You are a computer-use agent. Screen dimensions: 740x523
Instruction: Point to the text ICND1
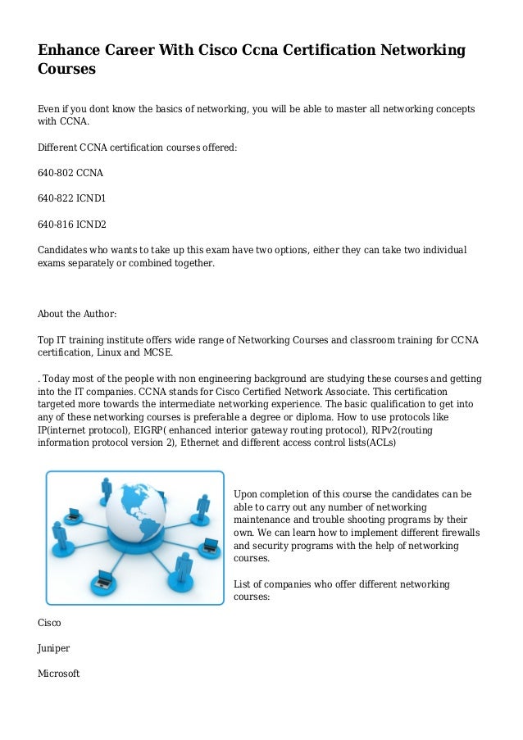click(91, 198)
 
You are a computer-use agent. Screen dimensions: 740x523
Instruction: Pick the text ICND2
click(91, 224)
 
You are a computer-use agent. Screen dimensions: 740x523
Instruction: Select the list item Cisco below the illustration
click(49, 623)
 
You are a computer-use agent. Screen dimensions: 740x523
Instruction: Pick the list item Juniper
click(54, 648)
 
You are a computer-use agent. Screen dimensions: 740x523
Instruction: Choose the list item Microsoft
click(59, 674)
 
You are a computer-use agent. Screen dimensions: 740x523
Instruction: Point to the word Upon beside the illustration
click(247, 494)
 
